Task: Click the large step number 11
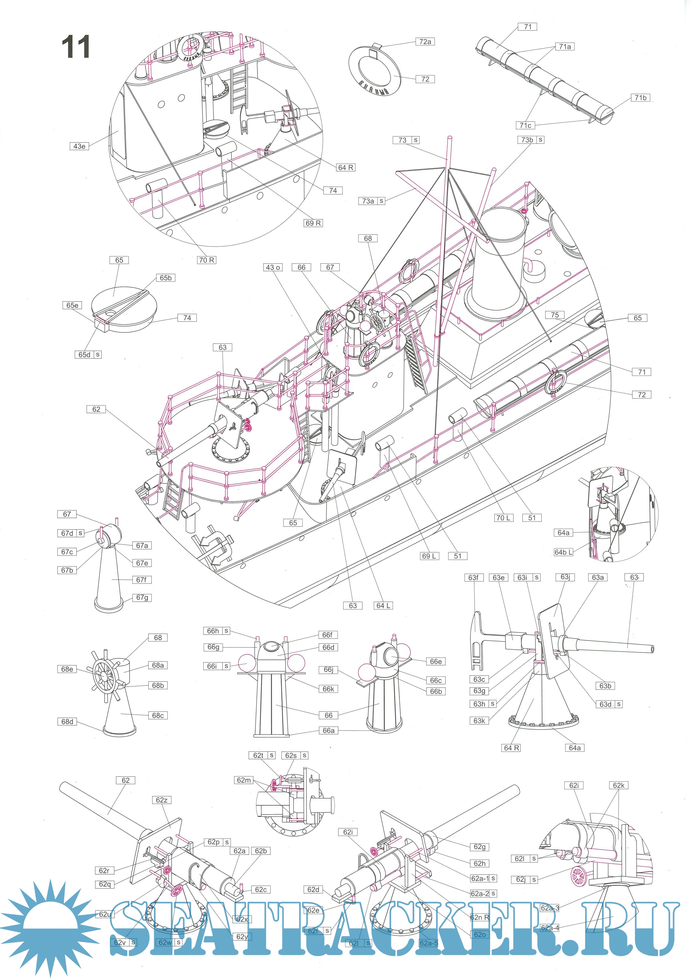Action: click(76, 47)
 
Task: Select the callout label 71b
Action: click(640, 98)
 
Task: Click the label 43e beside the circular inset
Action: click(79, 146)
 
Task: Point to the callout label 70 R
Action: click(207, 260)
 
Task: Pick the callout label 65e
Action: click(72, 305)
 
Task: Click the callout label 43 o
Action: click(273, 267)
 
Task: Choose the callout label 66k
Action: click(328, 689)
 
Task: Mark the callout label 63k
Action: click(479, 721)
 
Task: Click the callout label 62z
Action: click(162, 800)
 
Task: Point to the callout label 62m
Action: click(244, 780)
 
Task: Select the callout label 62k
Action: click(619, 785)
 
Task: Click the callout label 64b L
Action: click(563, 552)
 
